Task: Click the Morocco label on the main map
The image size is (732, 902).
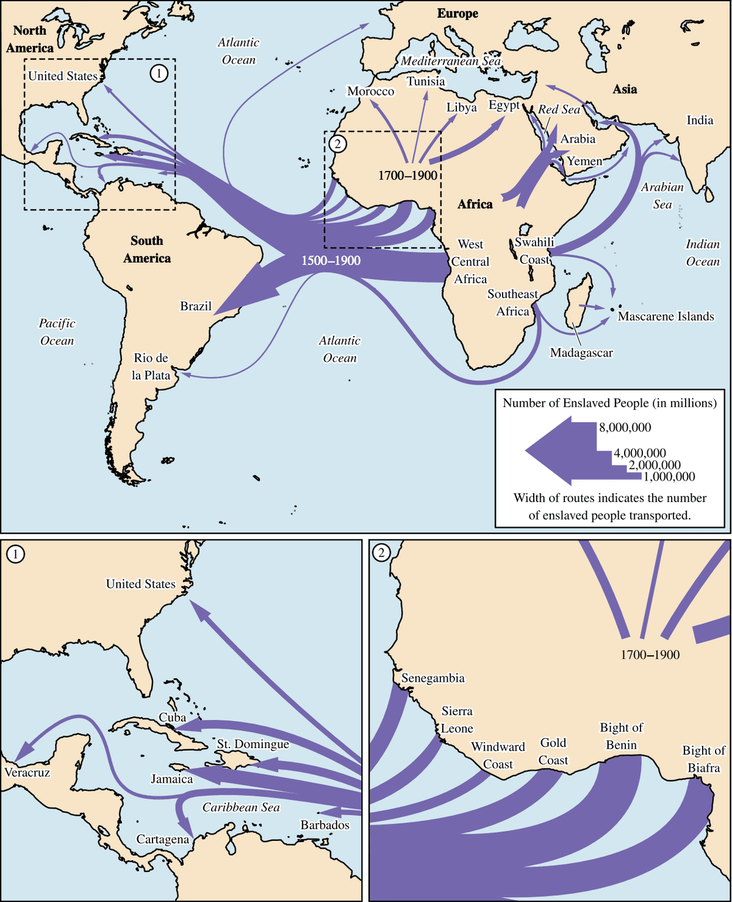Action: coord(371,91)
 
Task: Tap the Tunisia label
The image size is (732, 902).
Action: coord(426,81)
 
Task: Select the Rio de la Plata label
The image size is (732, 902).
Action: coord(151,366)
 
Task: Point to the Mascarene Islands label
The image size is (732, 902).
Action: coord(666,316)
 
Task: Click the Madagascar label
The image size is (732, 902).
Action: coord(581,352)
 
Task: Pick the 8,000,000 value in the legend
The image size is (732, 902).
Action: coord(625,427)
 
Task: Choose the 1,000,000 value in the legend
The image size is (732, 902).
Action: coord(669,476)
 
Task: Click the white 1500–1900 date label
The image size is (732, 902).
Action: coord(331,261)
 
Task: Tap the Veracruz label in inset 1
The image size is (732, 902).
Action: coord(27,772)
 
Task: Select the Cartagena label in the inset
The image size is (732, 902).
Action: coord(163,839)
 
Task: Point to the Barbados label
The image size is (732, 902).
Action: coord(325,825)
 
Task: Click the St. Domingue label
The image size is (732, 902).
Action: coord(253,744)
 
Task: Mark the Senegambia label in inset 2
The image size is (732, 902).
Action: coord(432,678)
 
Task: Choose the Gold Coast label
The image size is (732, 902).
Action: coord(553,751)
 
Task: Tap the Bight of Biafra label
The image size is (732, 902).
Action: coord(703,759)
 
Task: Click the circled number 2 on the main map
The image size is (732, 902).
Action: coord(337,144)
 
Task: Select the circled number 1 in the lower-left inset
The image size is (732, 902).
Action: coord(15,554)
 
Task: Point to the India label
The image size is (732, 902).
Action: coord(700,120)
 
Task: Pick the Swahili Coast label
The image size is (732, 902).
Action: coord(534,250)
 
